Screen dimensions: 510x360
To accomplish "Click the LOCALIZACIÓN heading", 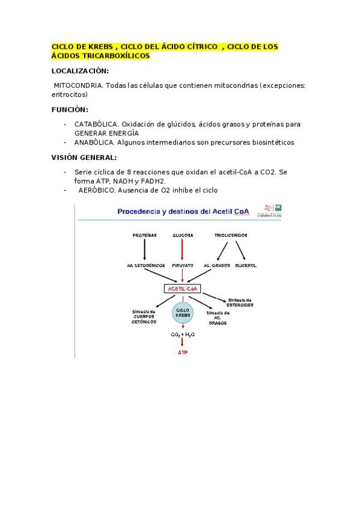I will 81,70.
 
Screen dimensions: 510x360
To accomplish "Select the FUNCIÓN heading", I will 70,109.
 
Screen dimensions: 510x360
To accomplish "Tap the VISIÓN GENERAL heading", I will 84,157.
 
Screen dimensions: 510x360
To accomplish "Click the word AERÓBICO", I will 96,190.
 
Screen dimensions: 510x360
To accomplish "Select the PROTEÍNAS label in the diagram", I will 144,235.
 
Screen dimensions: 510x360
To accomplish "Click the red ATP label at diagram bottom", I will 182,352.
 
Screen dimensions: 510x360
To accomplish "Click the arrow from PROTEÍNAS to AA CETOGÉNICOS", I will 144,250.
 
